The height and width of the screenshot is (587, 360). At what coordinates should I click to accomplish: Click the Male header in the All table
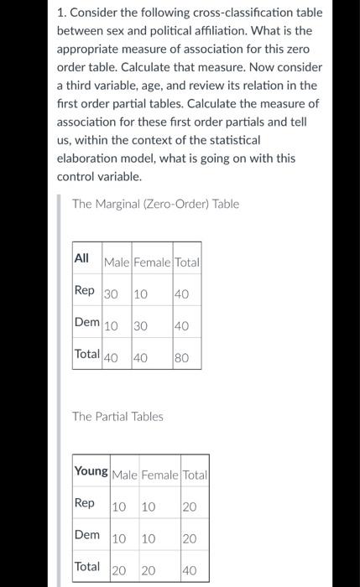pos(117,262)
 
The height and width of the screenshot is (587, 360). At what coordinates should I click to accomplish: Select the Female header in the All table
pos(152,262)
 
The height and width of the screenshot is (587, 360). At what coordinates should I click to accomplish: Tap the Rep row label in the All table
pos(85,289)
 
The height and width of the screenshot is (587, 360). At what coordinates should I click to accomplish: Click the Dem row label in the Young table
pos(87,534)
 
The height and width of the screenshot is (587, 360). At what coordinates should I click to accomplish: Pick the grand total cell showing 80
pos(182,358)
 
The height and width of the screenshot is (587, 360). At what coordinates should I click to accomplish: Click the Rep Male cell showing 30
pos(112,293)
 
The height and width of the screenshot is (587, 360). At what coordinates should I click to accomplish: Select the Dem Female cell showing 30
pos(141,325)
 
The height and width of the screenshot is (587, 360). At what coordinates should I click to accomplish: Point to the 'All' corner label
pos(82,257)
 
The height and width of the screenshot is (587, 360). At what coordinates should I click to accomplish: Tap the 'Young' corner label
pos(91,470)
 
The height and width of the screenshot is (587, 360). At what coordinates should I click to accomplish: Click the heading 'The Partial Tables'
pos(117,416)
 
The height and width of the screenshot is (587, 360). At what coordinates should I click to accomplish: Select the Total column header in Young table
pos(195,475)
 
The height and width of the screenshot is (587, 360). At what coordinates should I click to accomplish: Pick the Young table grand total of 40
pos(190,571)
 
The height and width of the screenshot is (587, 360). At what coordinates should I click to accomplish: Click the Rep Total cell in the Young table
pos(190,507)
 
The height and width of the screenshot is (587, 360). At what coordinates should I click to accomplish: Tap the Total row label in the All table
pos(87,354)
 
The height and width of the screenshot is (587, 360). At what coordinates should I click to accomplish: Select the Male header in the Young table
pos(124,475)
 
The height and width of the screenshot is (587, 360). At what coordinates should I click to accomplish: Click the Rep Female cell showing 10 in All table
pos(141,293)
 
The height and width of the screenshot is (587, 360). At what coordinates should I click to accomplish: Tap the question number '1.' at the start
pos(62,13)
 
